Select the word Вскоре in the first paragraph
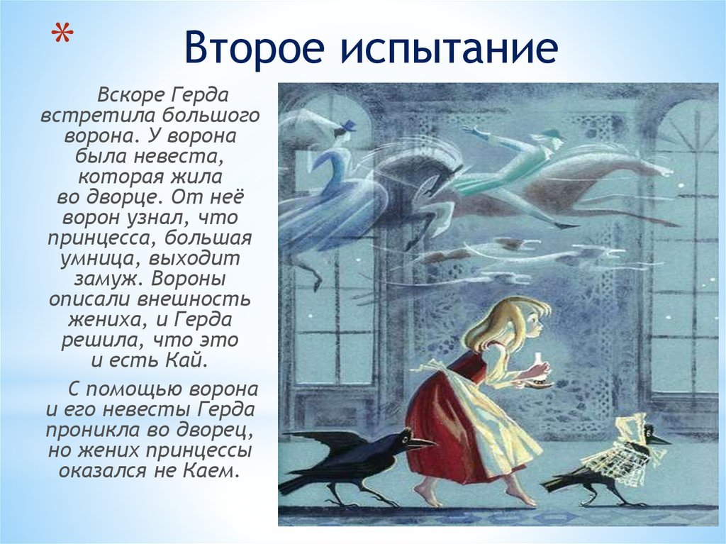tap(131, 96)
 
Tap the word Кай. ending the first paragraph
tap(185, 360)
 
